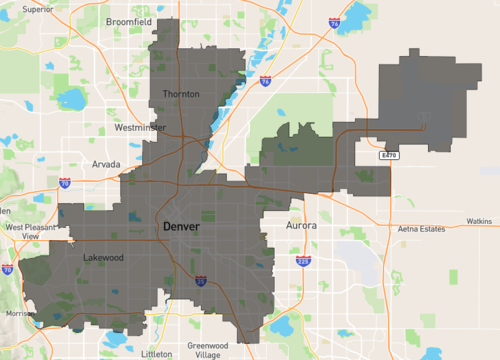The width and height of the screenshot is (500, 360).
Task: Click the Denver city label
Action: [x=181, y=228]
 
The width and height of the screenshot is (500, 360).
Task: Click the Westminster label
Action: [x=140, y=128]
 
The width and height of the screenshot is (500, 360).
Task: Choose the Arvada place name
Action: [x=106, y=163]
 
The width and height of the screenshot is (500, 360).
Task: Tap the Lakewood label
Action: [x=104, y=256]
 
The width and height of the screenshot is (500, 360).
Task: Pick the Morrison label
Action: [x=19, y=313]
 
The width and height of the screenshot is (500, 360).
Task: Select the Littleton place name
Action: [x=157, y=353]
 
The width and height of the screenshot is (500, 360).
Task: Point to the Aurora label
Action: [x=303, y=226]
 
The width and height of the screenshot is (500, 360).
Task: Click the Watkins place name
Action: [x=479, y=220]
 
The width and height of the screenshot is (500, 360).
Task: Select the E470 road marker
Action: [x=390, y=157]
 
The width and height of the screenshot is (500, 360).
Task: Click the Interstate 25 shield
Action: [x=200, y=281]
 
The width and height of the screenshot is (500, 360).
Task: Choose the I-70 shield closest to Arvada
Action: [x=65, y=184]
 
